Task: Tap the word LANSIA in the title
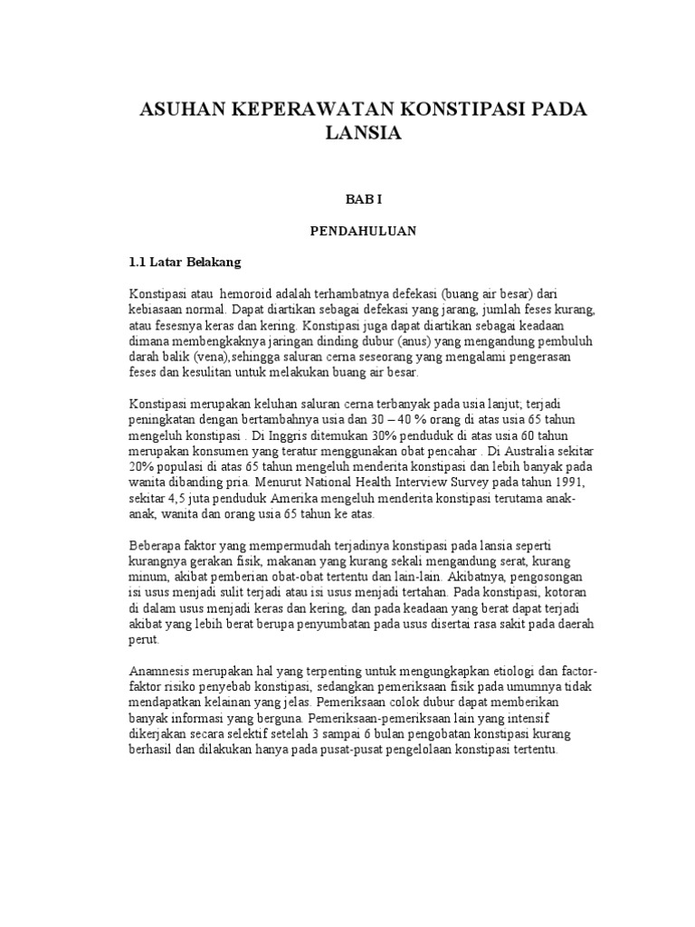[361, 134]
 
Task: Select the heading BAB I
[360, 196]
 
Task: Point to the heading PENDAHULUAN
[360, 231]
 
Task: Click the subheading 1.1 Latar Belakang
[185, 263]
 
